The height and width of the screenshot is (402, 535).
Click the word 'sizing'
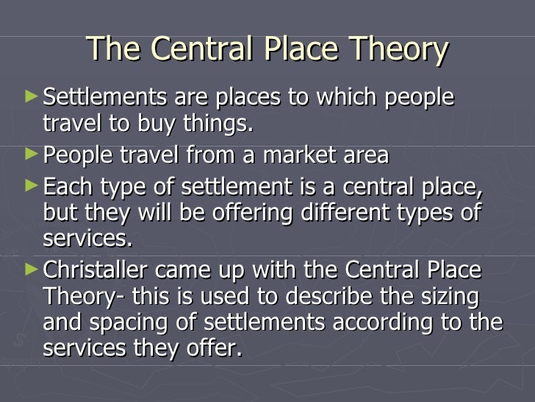(x=450, y=297)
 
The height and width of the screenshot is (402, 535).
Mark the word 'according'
(x=383, y=325)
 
